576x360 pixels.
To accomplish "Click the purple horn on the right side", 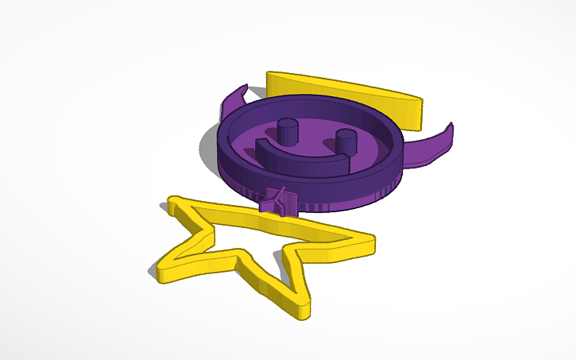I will coord(433,144).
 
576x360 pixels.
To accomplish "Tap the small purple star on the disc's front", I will coord(277,200).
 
